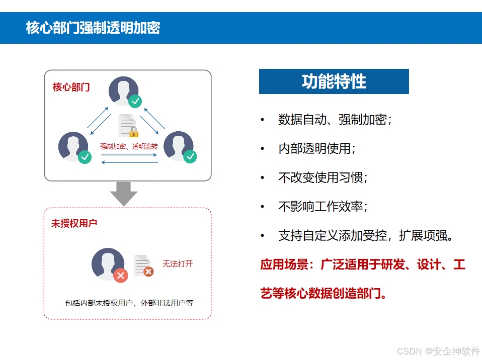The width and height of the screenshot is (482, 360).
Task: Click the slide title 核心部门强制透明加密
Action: coord(93,28)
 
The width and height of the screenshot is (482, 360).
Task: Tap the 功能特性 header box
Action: coord(334,81)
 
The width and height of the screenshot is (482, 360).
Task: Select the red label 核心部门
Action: coord(71,87)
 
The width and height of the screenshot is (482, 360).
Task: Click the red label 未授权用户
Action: coord(74,223)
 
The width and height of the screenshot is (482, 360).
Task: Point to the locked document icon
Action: coord(127,126)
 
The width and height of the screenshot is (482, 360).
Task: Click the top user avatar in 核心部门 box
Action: coord(124,91)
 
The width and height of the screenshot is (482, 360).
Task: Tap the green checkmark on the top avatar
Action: coord(135,101)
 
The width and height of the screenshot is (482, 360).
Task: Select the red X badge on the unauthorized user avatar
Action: coord(120,275)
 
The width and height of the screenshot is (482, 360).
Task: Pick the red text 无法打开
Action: coord(177,263)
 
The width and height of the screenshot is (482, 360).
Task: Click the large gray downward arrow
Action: coord(123,194)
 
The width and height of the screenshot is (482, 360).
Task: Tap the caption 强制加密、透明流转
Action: coord(129,147)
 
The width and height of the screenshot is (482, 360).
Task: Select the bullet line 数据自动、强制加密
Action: coord(335,120)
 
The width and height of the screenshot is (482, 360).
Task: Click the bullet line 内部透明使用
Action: coord(316,149)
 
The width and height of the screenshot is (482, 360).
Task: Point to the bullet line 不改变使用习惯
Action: coord(323,177)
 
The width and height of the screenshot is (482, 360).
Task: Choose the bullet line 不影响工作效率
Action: coord(323,207)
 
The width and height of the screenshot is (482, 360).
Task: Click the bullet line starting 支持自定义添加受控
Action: coord(366,235)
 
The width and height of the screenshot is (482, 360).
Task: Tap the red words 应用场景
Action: coord(284,264)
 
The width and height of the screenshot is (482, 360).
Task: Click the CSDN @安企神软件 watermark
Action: coord(438,351)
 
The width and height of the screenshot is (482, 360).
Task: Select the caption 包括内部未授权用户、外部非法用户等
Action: coord(129,303)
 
